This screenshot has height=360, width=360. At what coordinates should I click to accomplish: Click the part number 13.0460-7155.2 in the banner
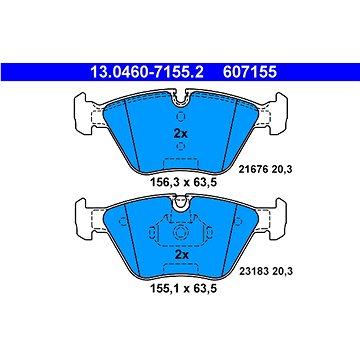(147, 72)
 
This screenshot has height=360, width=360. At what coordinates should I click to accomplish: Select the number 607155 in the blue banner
(250, 72)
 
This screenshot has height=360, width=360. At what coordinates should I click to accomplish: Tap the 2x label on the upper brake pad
(181, 134)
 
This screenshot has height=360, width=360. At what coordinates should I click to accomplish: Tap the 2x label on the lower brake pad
(182, 255)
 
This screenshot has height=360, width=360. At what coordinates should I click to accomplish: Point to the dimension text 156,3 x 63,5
(181, 182)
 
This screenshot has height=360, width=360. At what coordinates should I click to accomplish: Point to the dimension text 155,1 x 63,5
(181, 288)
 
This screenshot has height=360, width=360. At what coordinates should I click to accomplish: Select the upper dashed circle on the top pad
(181, 117)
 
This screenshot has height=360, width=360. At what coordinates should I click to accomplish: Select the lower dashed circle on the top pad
(181, 146)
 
